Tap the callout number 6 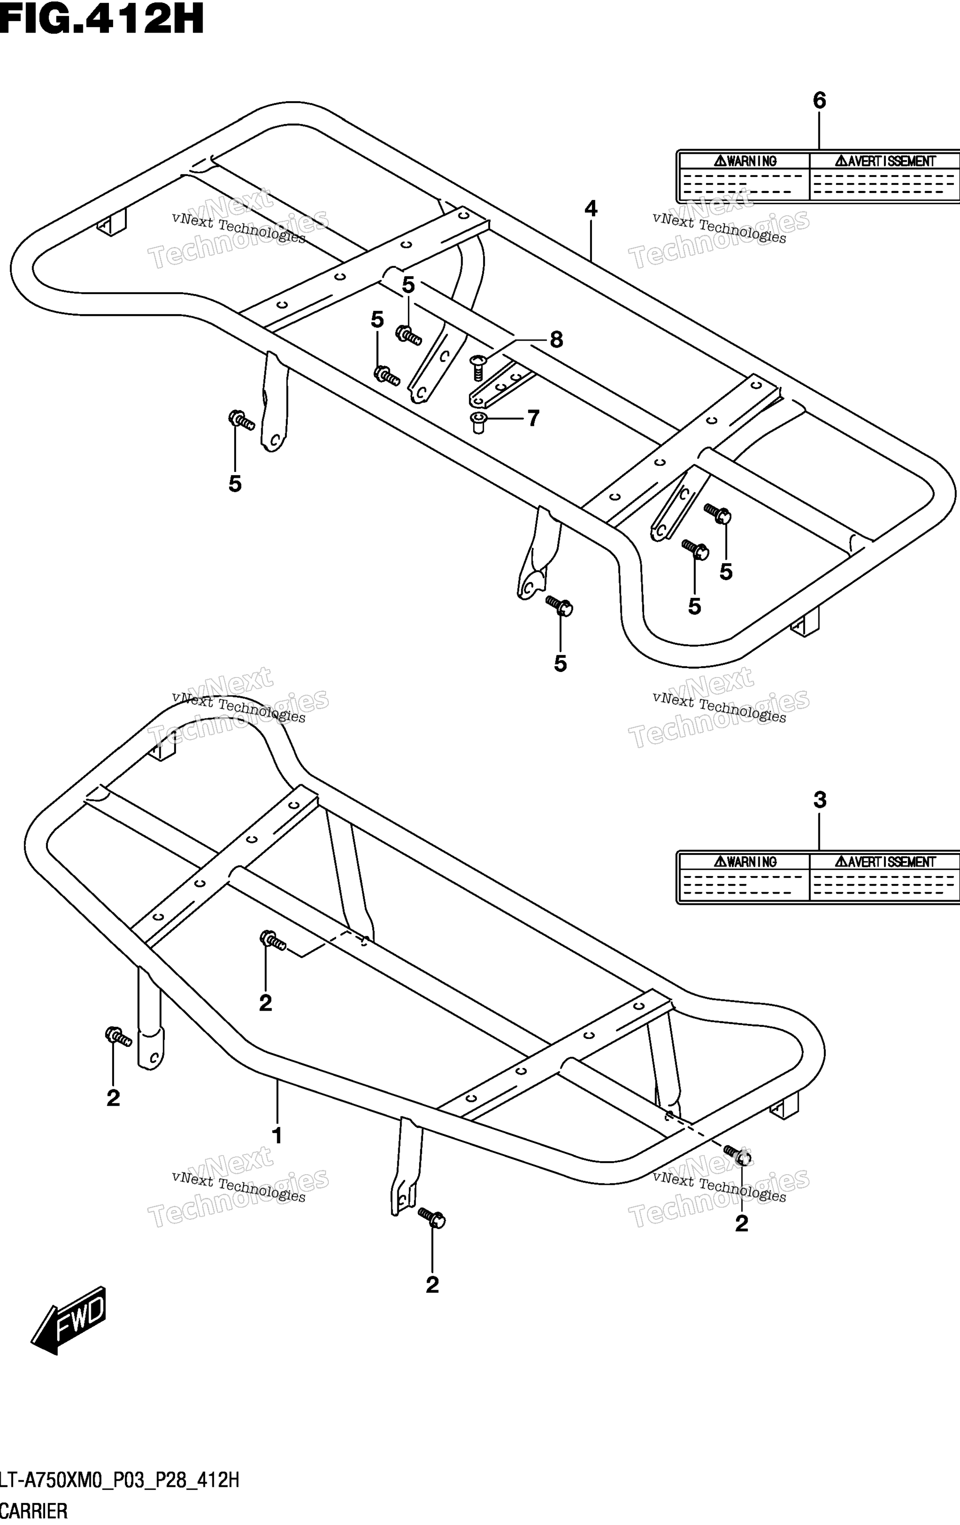[x=819, y=100]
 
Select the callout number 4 [x=591, y=208]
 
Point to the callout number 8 [x=556, y=340]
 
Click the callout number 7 [x=533, y=418]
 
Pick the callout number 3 [x=819, y=800]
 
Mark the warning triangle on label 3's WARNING [x=720, y=862]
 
